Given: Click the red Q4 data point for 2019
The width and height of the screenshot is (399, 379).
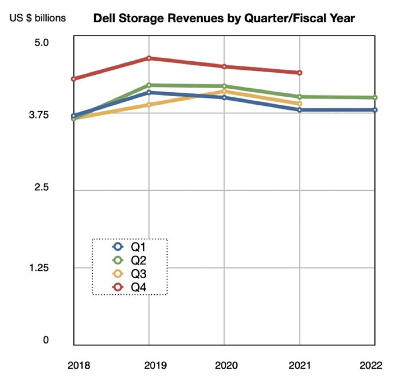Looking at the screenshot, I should point(149,58).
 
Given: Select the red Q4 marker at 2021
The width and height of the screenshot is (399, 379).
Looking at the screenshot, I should point(299,73).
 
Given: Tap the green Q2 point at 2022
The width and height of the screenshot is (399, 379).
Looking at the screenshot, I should point(375,97).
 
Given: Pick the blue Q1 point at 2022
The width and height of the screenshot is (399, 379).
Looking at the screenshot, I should point(375,110).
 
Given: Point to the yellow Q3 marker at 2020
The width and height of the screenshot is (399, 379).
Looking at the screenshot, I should point(224,91).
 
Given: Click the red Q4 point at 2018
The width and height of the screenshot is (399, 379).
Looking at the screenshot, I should point(74,78).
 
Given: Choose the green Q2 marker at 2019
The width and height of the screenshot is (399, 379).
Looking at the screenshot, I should point(149,85).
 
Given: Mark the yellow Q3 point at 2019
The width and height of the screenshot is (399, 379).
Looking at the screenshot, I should point(149,104).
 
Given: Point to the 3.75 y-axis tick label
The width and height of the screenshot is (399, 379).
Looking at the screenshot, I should point(40,115).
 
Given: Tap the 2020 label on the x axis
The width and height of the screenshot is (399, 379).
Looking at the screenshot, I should point(224,364).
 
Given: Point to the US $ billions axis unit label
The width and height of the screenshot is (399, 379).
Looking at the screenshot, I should point(37,18).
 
